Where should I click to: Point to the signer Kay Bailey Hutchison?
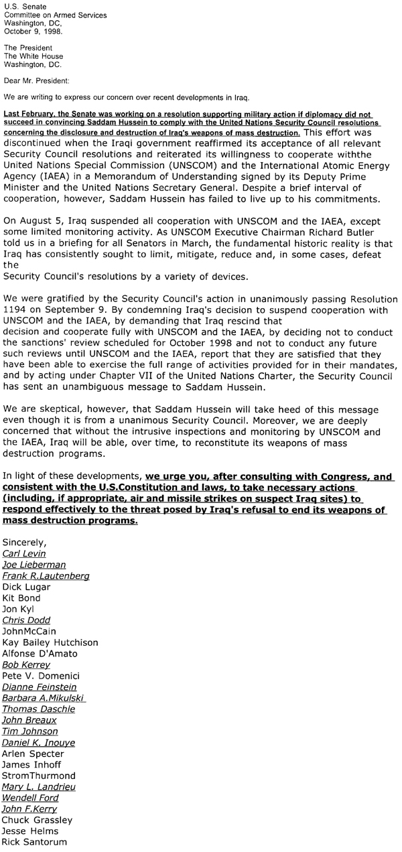pyautogui.click(x=50, y=642)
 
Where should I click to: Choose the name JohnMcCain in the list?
pyautogui.click(x=29, y=631)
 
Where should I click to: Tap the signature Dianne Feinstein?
pyautogui.click(x=40, y=687)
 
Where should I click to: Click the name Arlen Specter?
pyautogui.click(x=33, y=754)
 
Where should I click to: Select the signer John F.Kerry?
pyautogui.click(x=31, y=809)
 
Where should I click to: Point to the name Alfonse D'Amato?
pyautogui.click(x=40, y=653)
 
